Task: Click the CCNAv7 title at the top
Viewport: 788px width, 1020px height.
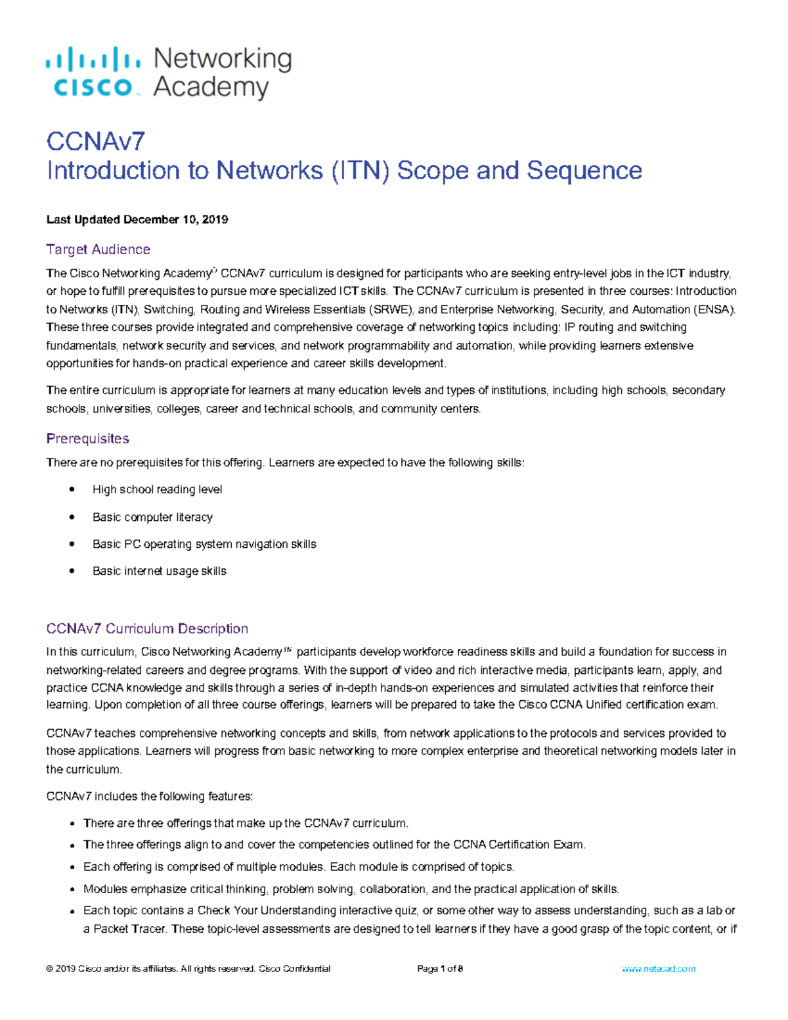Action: [95, 141]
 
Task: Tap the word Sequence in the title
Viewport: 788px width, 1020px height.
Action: [584, 171]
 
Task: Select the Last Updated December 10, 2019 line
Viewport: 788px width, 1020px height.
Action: [137, 219]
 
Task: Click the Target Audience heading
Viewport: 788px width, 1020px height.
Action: [98, 250]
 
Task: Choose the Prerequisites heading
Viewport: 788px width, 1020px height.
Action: [87, 439]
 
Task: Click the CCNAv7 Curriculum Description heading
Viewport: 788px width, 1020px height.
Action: [147, 629]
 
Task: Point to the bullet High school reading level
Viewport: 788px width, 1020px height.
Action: [157, 490]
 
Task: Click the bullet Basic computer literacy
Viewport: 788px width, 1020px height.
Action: [152, 518]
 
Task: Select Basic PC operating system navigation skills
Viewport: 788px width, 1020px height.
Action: [204, 544]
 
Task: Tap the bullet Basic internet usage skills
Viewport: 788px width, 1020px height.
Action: [159, 571]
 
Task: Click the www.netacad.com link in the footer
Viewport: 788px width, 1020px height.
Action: [658, 969]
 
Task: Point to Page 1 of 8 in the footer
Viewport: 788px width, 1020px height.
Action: [440, 969]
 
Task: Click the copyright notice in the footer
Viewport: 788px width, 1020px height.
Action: [188, 969]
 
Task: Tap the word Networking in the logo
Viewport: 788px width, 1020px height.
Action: [223, 59]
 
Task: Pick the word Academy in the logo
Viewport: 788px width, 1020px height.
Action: [211, 87]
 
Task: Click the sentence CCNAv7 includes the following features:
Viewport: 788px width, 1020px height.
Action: [149, 797]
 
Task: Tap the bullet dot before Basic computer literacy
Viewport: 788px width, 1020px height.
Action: [72, 518]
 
